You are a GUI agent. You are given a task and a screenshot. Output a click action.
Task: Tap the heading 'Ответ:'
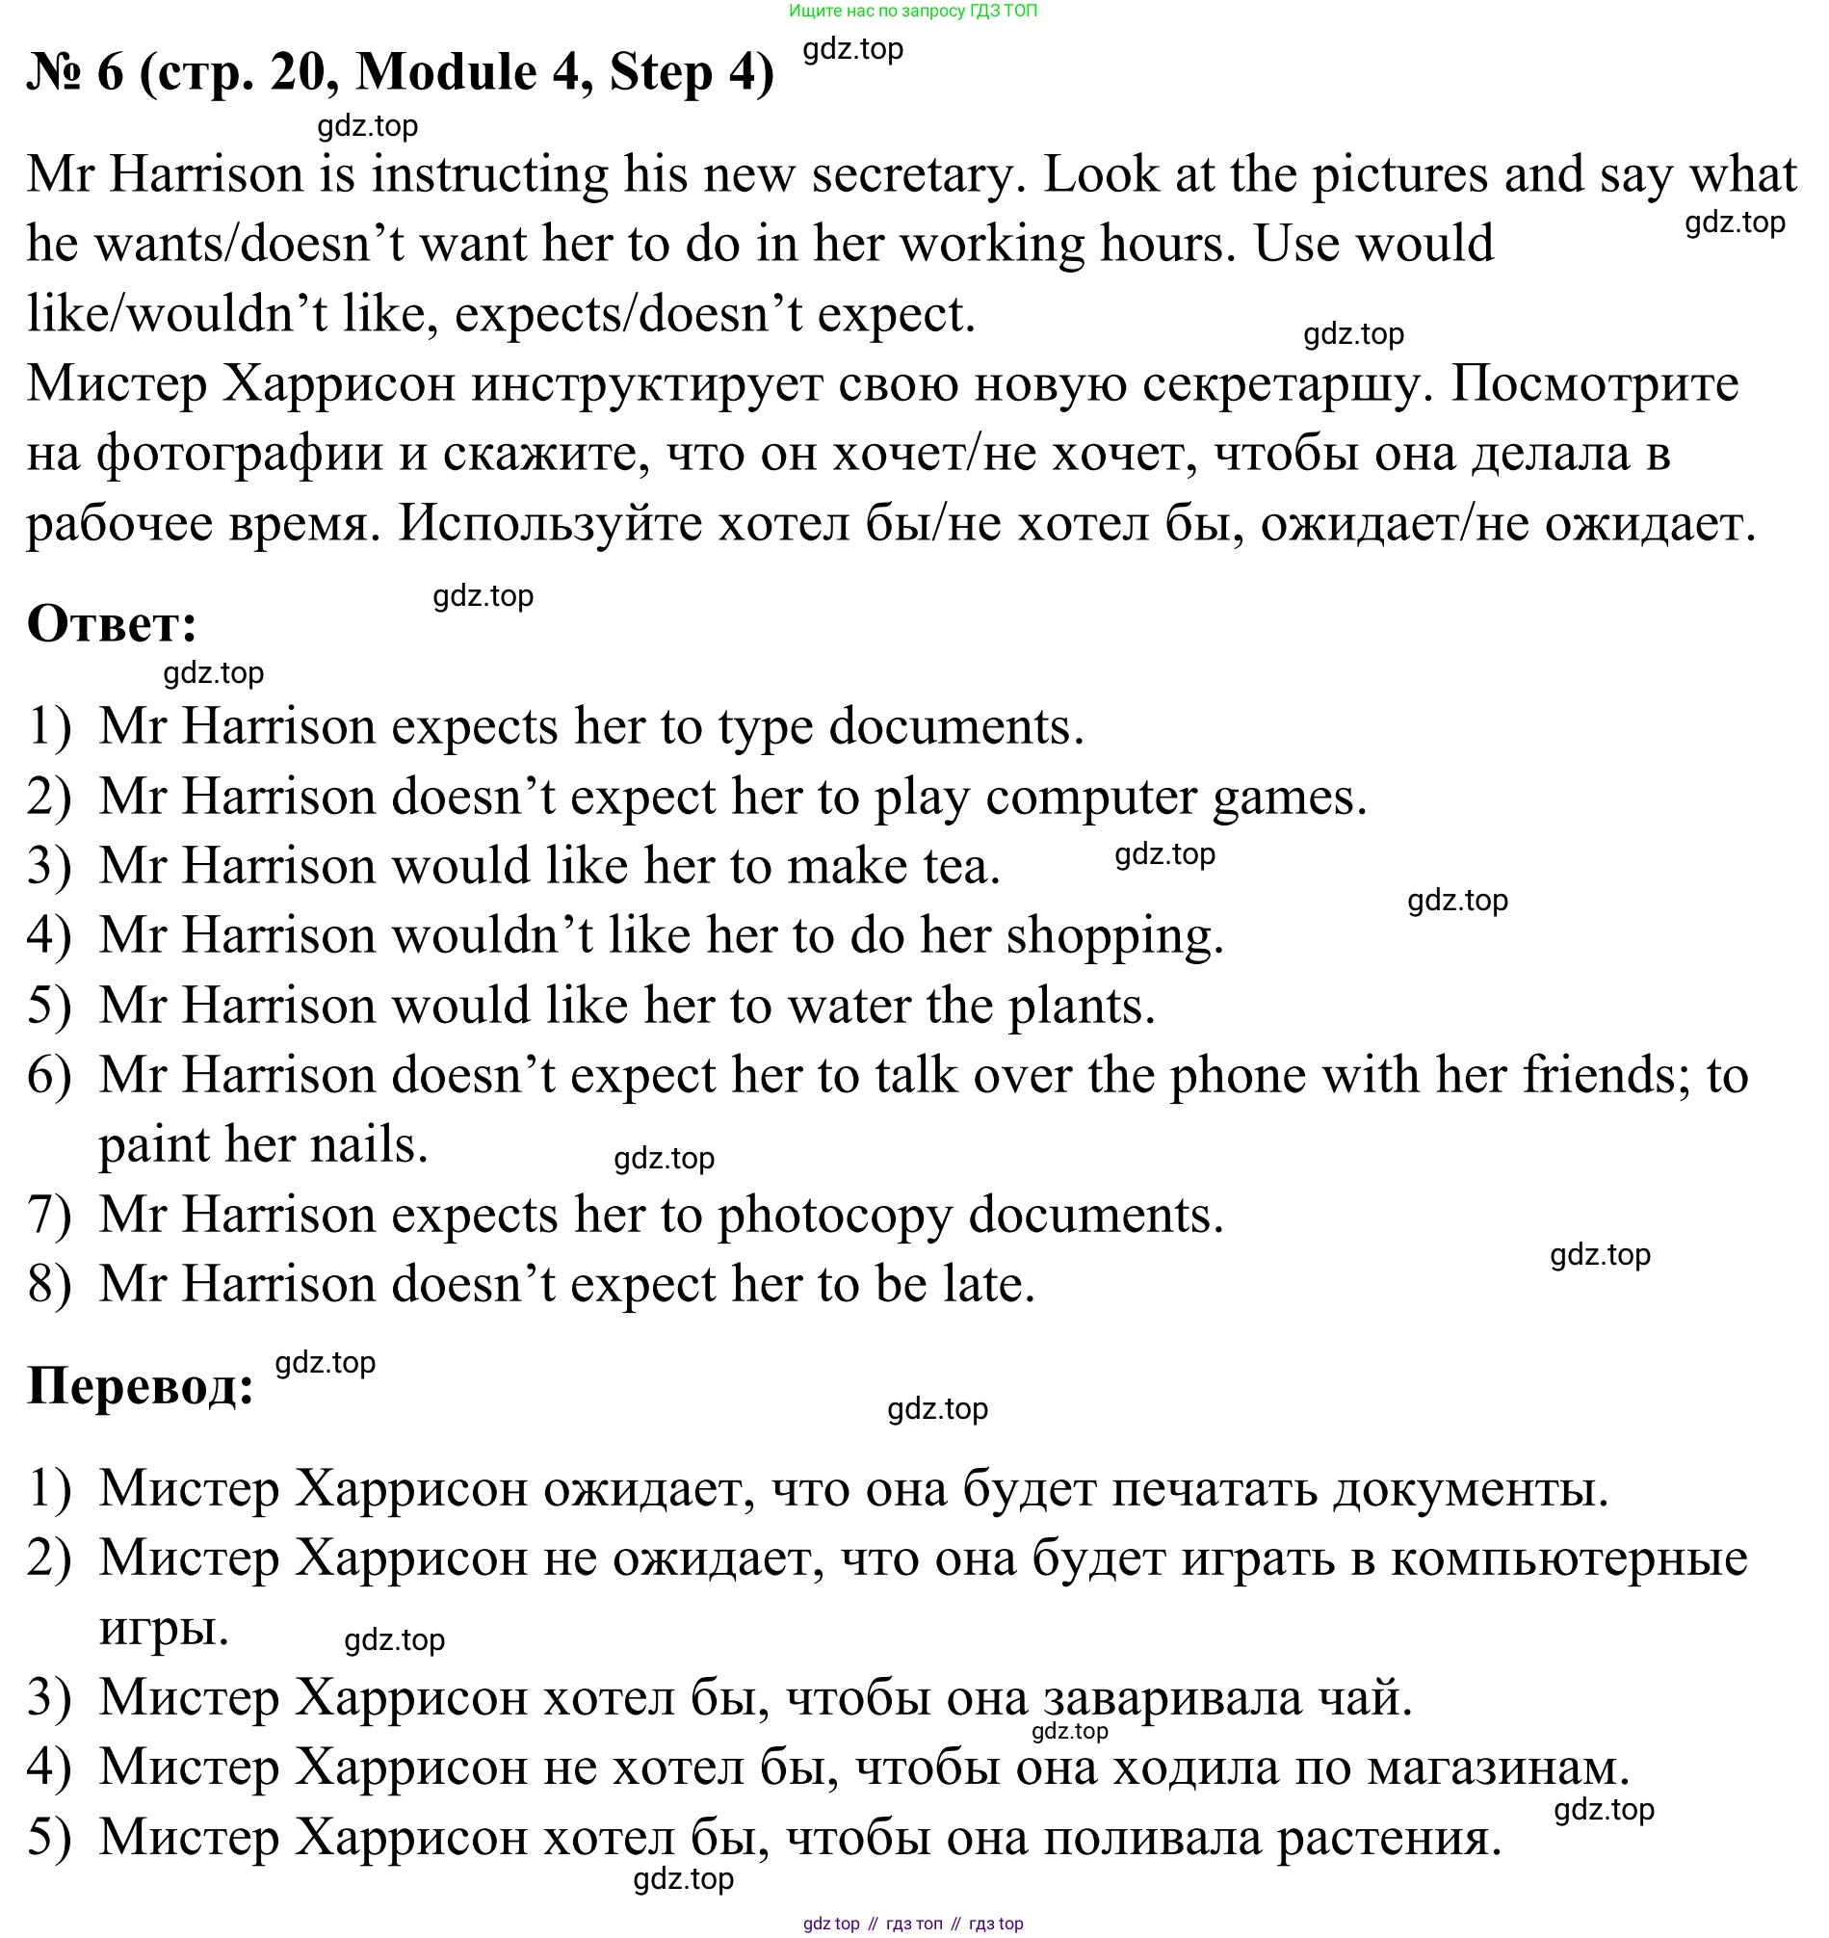112,624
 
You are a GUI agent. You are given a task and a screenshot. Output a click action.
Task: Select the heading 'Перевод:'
141,1385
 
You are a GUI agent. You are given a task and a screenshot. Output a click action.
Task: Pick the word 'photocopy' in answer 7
834,1216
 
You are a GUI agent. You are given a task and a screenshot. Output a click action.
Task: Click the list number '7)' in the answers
50,1216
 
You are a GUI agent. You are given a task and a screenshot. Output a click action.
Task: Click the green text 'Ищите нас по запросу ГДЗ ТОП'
912,11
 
